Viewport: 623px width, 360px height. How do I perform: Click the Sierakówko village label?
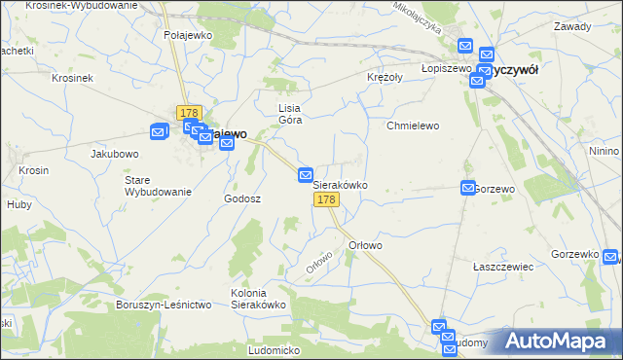(340, 183)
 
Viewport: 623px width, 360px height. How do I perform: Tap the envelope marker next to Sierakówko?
(306, 174)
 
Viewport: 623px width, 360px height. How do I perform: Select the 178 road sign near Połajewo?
(189, 113)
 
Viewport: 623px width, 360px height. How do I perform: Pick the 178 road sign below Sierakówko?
(326, 199)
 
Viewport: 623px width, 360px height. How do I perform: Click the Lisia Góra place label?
(291, 114)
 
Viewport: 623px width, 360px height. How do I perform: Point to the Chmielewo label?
(414, 126)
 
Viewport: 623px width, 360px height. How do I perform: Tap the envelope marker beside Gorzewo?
(467, 188)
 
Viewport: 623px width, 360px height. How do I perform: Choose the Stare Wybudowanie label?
(157, 186)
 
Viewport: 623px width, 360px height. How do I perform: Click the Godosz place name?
(242, 198)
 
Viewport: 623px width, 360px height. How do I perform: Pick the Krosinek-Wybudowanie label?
(82, 6)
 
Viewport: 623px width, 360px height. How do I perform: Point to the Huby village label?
(19, 204)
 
